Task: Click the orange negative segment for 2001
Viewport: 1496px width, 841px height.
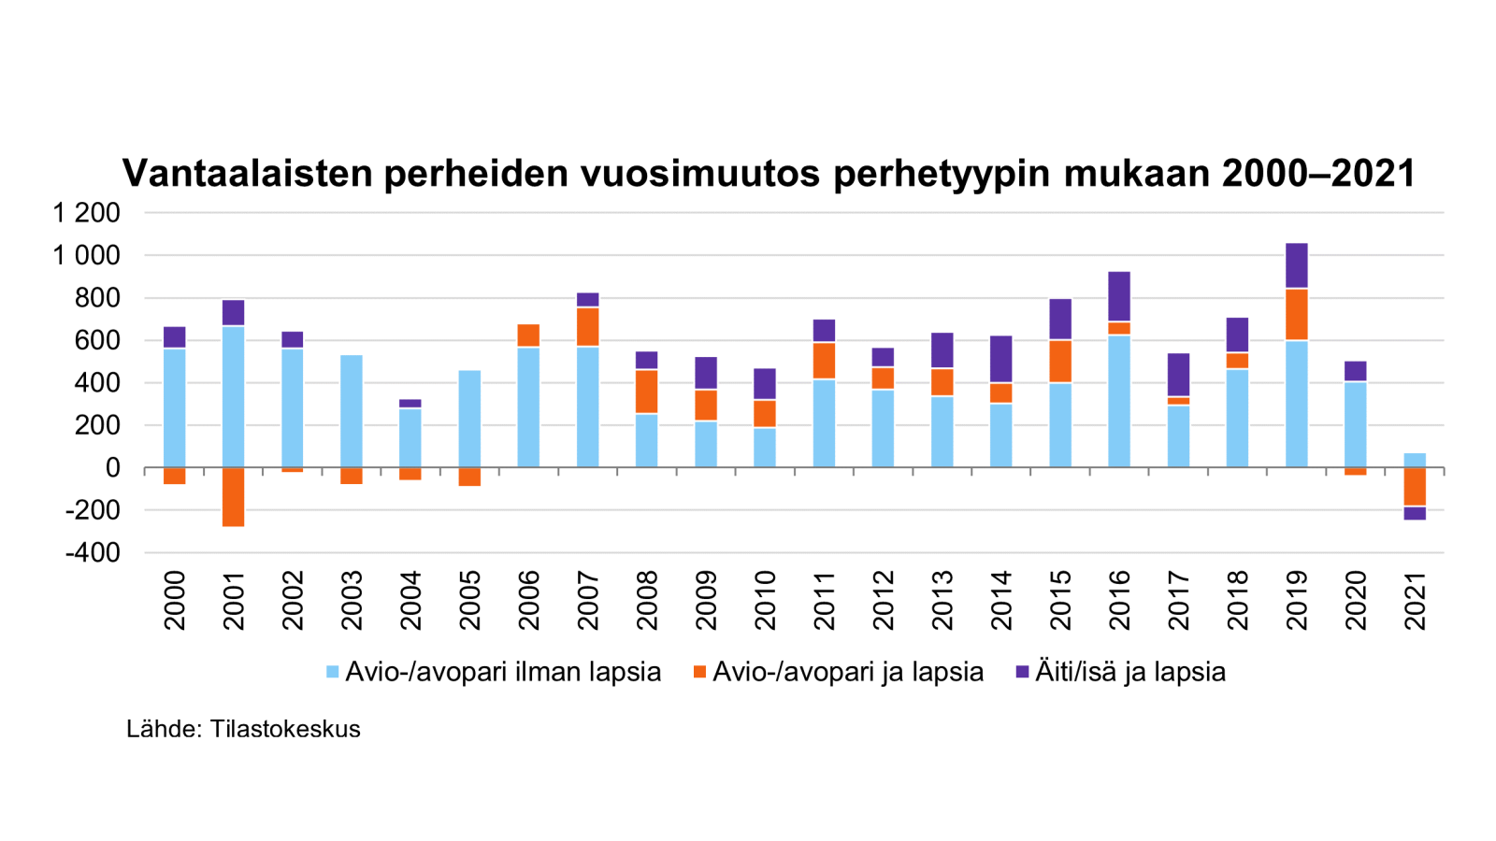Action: click(234, 496)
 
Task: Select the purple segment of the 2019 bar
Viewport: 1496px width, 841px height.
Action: click(1297, 265)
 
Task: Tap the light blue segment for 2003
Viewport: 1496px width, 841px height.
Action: click(352, 411)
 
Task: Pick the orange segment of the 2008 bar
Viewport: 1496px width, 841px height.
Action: click(647, 392)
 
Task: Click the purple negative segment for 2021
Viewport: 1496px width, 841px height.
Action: click(1415, 513)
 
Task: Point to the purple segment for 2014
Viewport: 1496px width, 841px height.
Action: click(1001, 359)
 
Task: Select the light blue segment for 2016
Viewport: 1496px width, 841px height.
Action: click(1119, 401)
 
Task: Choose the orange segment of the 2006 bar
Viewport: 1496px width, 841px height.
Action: click(529, 335)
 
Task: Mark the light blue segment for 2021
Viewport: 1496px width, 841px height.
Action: click(1415, 460)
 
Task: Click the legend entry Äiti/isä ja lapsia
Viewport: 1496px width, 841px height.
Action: click(1129, 672)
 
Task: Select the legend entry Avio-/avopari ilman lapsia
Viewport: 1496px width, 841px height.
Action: click(503, 672)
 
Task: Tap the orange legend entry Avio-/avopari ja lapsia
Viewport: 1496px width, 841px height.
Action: click(847, 672)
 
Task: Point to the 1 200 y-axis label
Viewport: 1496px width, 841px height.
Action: click(87, 213)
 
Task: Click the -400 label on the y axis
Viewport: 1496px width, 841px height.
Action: click(93, 552)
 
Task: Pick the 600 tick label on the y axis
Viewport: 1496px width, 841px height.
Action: click(98, 340)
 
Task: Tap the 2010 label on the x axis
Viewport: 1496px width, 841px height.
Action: click(765, 601)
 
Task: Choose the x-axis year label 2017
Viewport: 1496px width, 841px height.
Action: click(1178, 601)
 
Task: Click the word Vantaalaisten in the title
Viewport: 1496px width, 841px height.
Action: click(247, 173)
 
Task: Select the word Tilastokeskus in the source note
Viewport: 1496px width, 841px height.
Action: click(285, 729)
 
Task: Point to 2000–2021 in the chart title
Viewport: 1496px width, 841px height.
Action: click(1318, 173)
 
